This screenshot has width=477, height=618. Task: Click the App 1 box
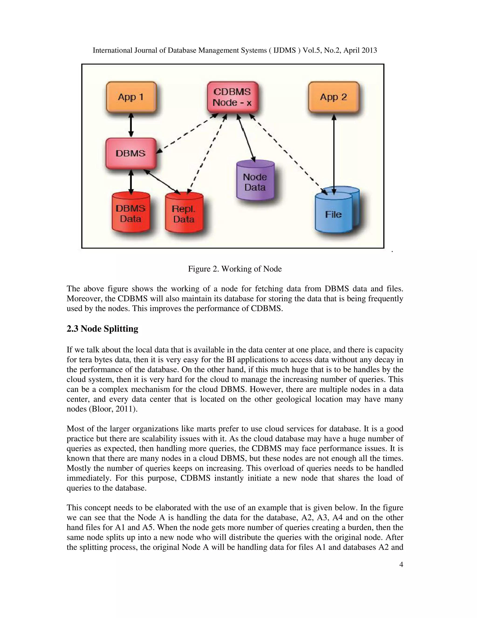pos(131,97)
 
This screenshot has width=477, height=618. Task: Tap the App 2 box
pos(334,97)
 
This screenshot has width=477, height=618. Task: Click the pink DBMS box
pos(131,153)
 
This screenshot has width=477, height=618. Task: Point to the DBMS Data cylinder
pos(131,214)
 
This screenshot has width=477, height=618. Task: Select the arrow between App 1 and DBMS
pos(131,125)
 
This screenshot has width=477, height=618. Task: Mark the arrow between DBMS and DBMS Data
pos(131,181)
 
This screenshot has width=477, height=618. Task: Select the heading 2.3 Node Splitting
pos(102,329)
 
